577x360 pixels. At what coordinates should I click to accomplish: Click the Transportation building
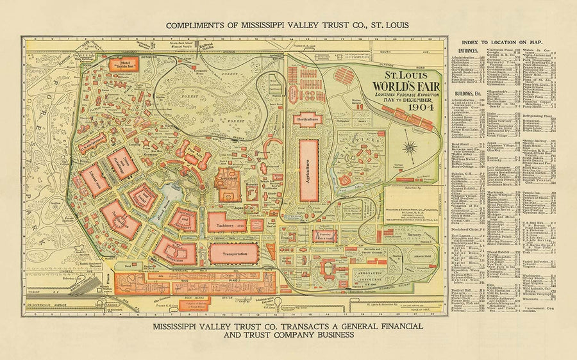tap(233, 252)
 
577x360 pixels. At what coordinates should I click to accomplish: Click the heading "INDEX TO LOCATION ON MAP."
tap(510, 42)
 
